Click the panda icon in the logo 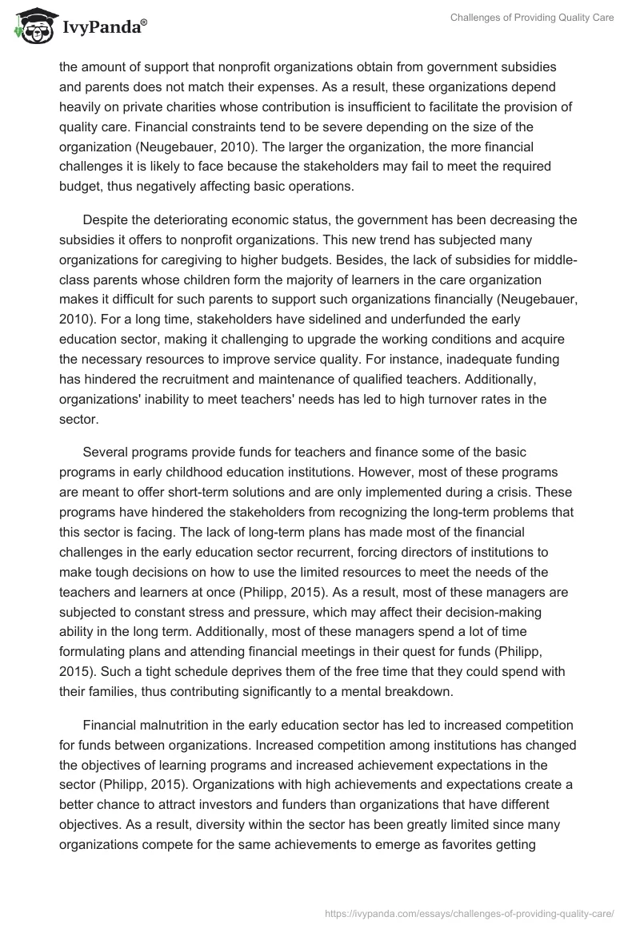pyautogui.click(x=32, y=26)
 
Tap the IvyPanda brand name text pyautogui.click(x=102, y=28)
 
